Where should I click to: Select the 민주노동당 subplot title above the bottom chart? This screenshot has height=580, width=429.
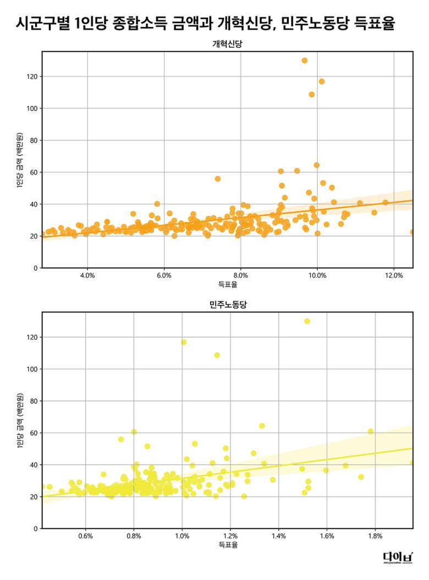pos(227,305)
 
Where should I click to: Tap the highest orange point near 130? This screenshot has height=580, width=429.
pos(305,60)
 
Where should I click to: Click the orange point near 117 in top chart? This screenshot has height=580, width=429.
pos(322,81)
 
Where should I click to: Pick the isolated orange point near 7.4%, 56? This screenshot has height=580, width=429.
pos(218,179)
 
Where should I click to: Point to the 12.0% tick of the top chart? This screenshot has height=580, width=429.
pos(394,275)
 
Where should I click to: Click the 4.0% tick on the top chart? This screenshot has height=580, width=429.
pos(87,275)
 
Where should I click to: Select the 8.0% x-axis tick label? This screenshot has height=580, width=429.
pos(241,275)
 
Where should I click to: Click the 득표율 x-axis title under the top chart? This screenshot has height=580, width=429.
pos(227,285)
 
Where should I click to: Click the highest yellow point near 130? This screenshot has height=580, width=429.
pos(307,321)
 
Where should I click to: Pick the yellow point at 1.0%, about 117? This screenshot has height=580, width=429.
pos(184,342)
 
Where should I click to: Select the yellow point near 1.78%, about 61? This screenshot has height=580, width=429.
pos(371,432)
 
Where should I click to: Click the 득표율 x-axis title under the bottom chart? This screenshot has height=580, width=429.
pos(227,545)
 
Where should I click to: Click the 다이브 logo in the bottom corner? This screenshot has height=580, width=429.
pos(398,558)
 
